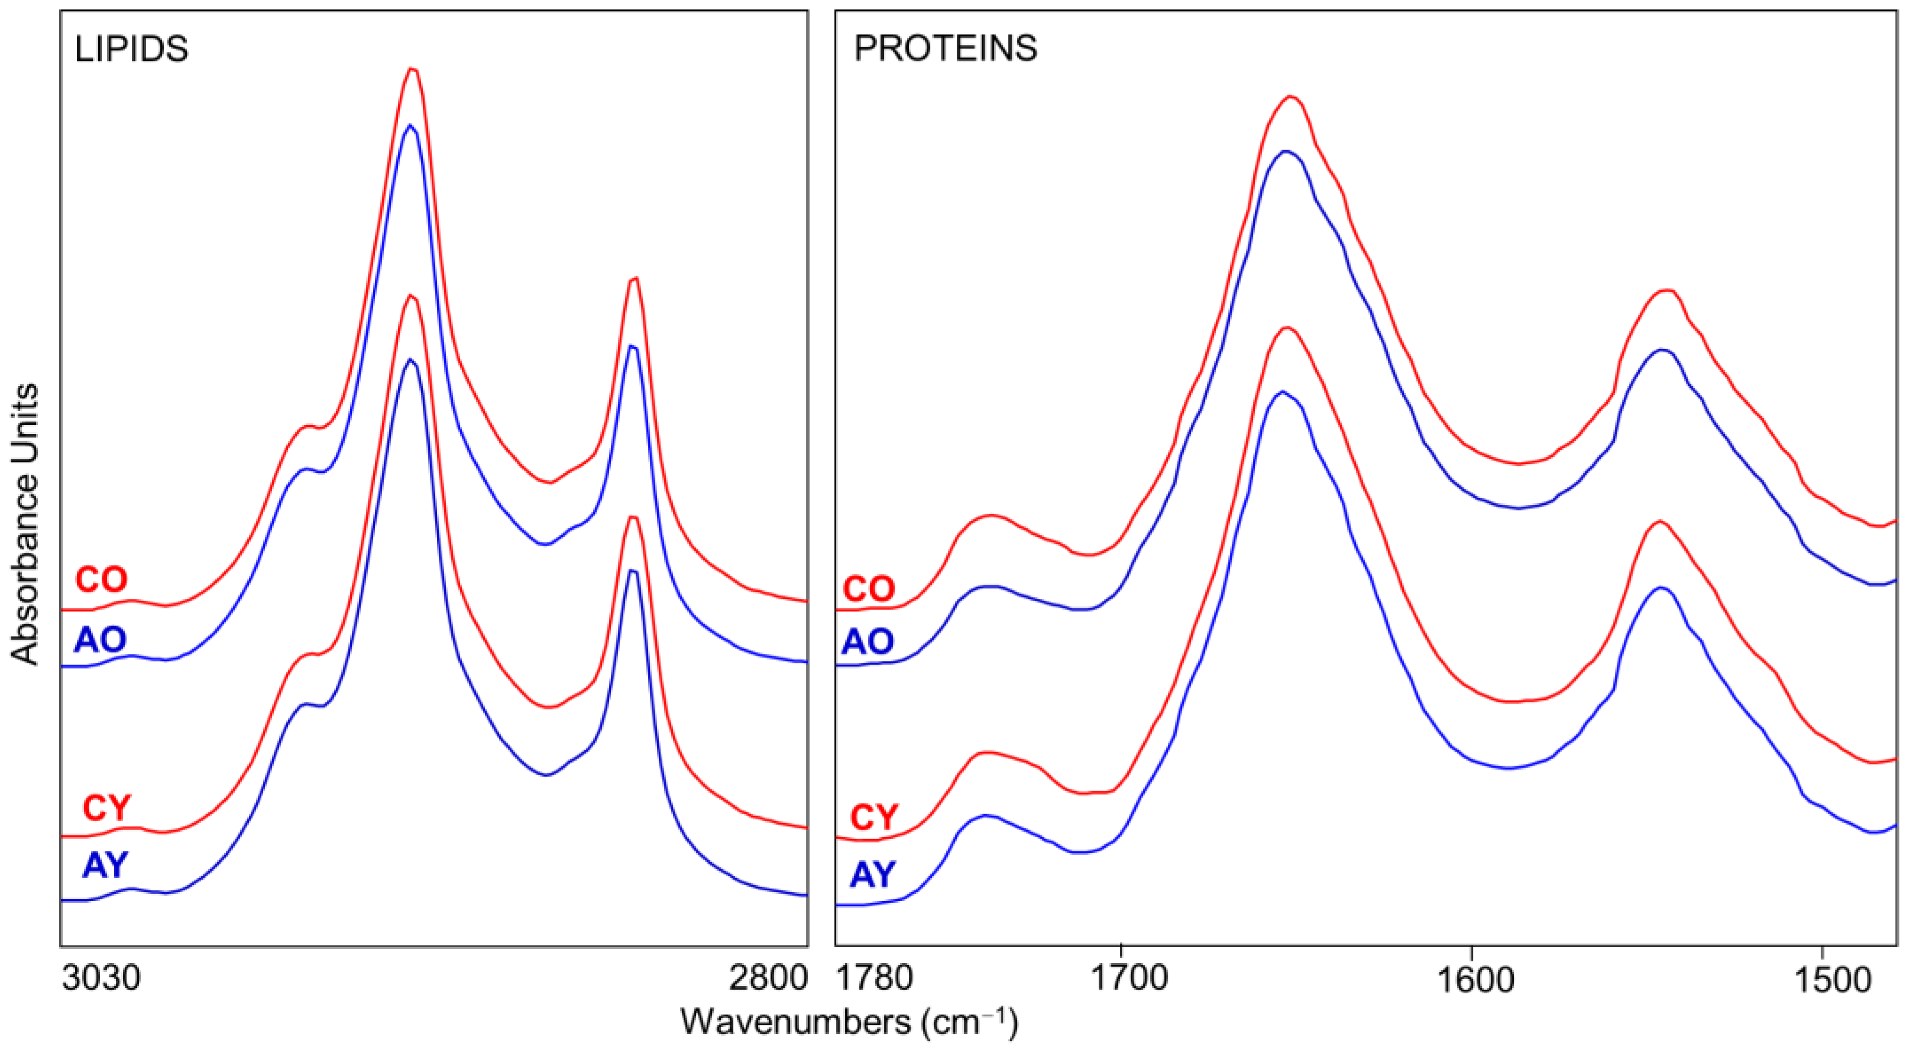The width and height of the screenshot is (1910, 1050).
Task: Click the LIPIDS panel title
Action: tap(131, 49)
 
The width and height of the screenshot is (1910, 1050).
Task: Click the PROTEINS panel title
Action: tap(946, 49)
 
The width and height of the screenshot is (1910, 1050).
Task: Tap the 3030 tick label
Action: tap(101, 978)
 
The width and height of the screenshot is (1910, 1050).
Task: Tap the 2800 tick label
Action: tap(768, 978)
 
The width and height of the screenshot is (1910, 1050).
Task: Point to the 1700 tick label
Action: tap(1121, 978)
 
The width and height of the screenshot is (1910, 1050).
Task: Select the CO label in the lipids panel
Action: tap(102, 579)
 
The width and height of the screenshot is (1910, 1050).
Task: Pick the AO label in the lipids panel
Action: tap(100, 639)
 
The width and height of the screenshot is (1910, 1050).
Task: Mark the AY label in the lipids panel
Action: tap(105, 864)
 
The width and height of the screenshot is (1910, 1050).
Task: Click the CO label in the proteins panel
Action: tap(869, 589)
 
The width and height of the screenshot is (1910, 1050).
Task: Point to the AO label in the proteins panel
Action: tap(867, 641)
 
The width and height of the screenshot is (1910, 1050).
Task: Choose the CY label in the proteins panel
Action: tap(874, 817)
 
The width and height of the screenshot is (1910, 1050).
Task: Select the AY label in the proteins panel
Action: tap(873, 874)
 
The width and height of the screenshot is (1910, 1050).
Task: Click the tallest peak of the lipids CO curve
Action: tap(412, 69)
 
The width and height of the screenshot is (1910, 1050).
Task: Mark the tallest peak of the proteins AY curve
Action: tap(1281, 391)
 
